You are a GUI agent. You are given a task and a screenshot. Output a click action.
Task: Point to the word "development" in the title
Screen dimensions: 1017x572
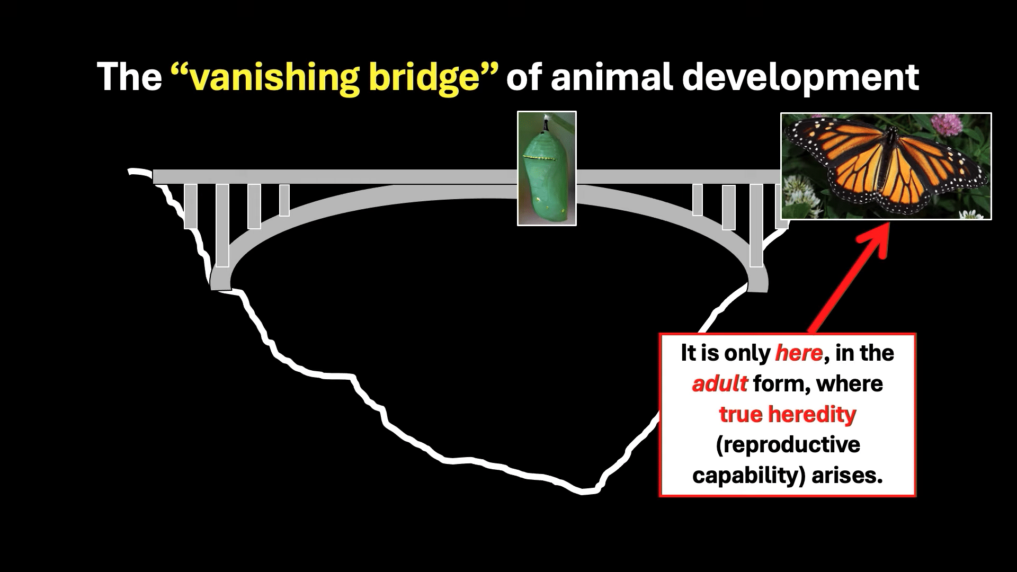coord(800,77)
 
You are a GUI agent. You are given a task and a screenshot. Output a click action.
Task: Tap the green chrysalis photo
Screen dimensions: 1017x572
coord(547,168)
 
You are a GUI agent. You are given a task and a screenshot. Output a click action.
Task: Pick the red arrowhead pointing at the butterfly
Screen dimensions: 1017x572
coord(875,238)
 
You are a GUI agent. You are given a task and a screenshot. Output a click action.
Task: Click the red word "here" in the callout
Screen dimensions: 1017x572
coord(799,353)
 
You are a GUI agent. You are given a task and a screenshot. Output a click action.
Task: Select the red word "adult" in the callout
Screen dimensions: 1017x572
coord(720,383)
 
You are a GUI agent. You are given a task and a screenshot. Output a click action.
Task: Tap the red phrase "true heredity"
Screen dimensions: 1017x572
coord(788,414)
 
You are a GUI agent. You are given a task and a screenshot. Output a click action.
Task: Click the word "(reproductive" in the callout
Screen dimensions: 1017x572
coord(788,445)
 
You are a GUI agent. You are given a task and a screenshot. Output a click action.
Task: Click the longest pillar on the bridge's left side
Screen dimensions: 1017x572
coord(222,226)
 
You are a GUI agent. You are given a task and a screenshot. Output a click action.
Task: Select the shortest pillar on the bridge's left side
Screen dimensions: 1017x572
coord(284,200)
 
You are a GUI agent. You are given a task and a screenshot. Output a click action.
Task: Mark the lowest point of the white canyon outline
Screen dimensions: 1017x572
coord(583,492)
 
